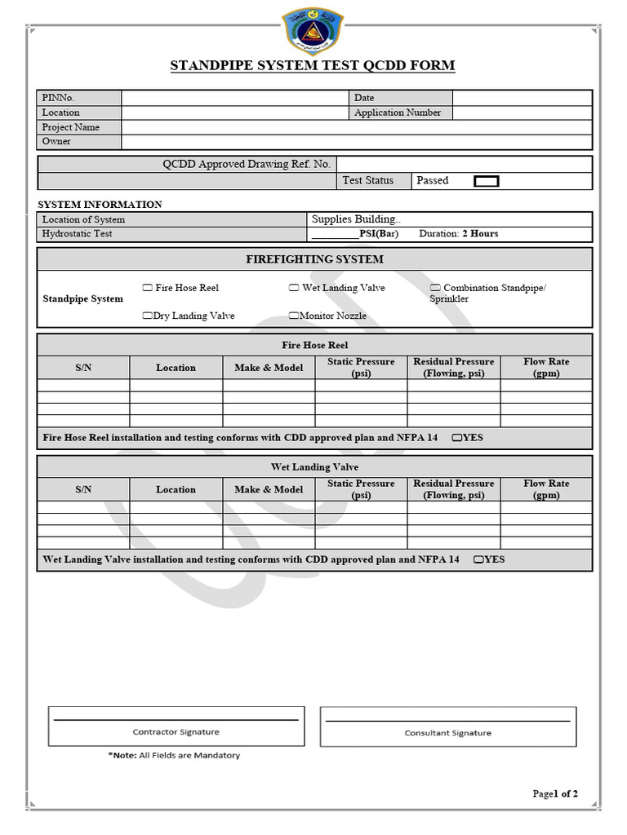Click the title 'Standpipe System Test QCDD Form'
313,66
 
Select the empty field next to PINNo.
235,98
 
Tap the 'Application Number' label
398,113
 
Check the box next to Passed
487,181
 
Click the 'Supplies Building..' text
356,219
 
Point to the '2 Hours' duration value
480,234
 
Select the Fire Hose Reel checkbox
147,288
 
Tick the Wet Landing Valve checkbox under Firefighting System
294,288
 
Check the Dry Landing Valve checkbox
147,316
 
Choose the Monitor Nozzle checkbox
294,316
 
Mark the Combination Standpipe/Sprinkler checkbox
435,288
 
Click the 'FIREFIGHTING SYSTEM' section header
314,259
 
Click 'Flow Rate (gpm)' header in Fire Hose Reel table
546,368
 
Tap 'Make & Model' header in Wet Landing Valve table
269,489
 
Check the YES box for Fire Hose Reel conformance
456,438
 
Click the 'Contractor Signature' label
176,732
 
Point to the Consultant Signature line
447,721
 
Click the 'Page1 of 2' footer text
555,794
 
